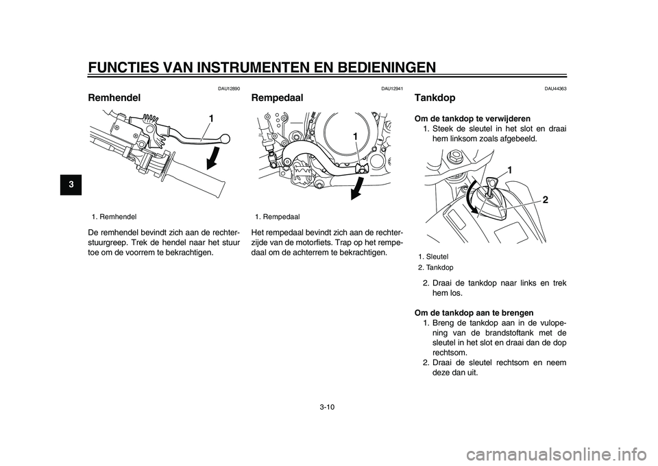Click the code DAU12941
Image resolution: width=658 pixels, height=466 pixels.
[x=392, y=89]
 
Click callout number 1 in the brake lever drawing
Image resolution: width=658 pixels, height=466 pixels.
[x=212, y=119]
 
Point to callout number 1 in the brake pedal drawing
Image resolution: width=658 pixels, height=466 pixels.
[x=356, y=137]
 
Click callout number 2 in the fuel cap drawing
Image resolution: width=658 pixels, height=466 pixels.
[x=545, y=200]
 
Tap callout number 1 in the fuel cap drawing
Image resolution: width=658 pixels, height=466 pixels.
[x=510, y=169]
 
